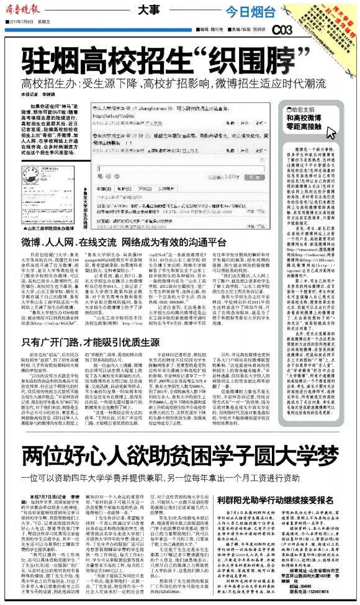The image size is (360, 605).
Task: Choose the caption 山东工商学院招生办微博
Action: point(38,211)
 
